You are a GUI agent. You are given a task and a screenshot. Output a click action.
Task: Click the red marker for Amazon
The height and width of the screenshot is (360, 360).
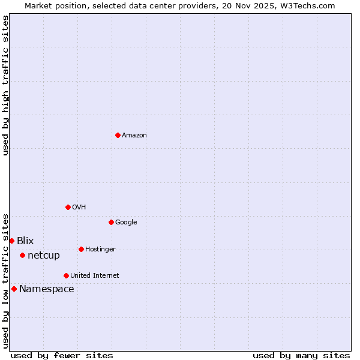point(118,135)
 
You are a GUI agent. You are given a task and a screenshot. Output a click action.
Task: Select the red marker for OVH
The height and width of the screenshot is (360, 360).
point(68,207)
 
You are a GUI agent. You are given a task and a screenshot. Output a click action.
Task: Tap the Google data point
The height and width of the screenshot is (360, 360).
point(111,222)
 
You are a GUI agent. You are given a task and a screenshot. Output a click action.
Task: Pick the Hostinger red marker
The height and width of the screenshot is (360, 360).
point(81,249)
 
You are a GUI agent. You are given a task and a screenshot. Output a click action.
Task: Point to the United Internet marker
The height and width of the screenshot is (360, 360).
point(66,275)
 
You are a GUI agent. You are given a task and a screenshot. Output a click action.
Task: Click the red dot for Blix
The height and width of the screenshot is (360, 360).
point(11,241)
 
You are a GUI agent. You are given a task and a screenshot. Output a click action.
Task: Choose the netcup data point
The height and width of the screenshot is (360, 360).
point(22,255)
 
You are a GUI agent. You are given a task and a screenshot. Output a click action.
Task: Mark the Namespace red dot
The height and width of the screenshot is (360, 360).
point(14,289)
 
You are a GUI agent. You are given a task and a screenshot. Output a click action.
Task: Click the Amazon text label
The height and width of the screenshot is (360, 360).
point(134,135)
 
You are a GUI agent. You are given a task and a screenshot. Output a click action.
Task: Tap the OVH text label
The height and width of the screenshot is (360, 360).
point(79,207)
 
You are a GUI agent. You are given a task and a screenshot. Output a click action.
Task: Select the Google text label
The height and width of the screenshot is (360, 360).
point(126,222)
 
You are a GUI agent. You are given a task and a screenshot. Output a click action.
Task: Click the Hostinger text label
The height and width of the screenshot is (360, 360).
point(100,249)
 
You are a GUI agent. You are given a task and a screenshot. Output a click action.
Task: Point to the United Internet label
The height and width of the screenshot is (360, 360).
point(94,275)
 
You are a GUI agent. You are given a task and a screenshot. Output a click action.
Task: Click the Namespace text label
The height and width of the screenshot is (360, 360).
point(46,289)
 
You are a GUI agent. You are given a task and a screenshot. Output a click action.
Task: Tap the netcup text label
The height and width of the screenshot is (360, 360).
point(44,255)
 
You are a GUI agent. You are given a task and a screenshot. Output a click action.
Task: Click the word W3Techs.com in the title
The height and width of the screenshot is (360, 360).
point(310,6)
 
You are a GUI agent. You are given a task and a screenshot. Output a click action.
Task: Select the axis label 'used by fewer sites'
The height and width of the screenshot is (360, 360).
point(62,355)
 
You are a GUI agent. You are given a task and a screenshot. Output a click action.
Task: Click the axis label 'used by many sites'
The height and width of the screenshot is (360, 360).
point(301,355)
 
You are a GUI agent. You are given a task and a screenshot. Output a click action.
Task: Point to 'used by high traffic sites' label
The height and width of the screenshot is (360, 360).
point(6,85)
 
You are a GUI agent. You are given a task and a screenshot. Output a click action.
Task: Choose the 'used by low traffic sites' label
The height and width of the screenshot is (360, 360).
point(6,281)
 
